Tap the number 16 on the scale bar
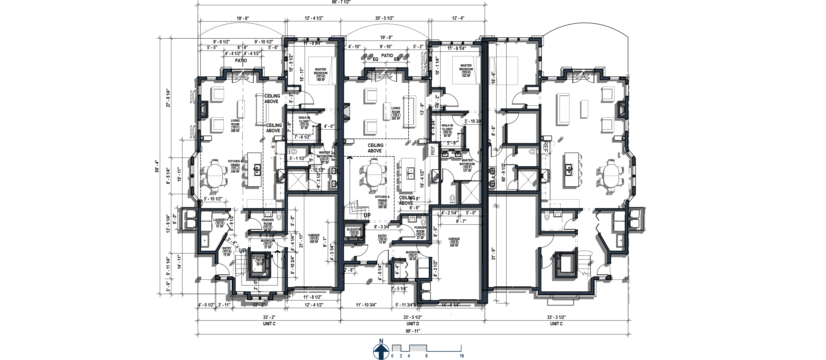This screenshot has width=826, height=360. click(462, 356)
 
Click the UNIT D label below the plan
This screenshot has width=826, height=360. click(413, 324)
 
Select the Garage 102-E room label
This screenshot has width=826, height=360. click(454, 242)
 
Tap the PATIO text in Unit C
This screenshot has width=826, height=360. click(241, 61)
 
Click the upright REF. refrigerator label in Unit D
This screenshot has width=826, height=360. click(432, 150)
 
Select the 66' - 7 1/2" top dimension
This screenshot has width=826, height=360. click(340, 2)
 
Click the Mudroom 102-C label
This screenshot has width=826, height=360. click(413, 256)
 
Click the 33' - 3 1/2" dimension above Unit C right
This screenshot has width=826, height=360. click(556, 317)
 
